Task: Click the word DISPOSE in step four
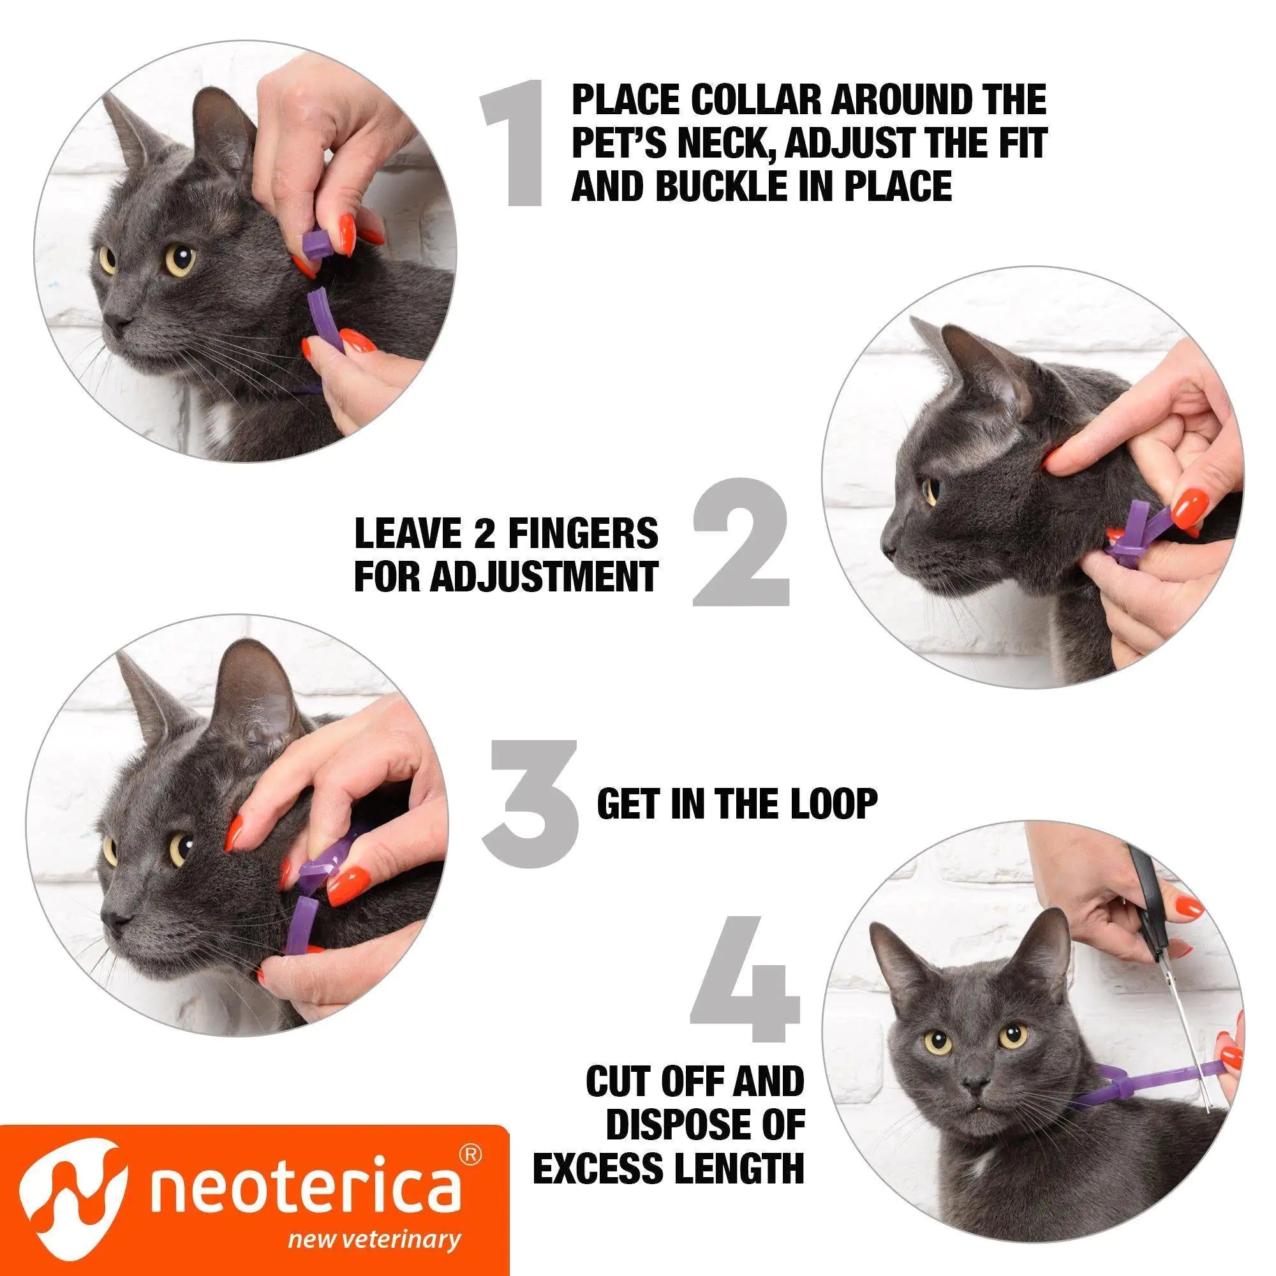(705, 1121)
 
